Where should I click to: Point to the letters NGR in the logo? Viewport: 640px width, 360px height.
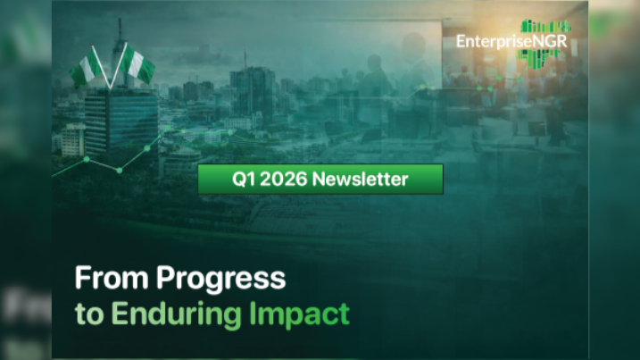547,41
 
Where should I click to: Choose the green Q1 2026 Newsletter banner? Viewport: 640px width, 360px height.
320,180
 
